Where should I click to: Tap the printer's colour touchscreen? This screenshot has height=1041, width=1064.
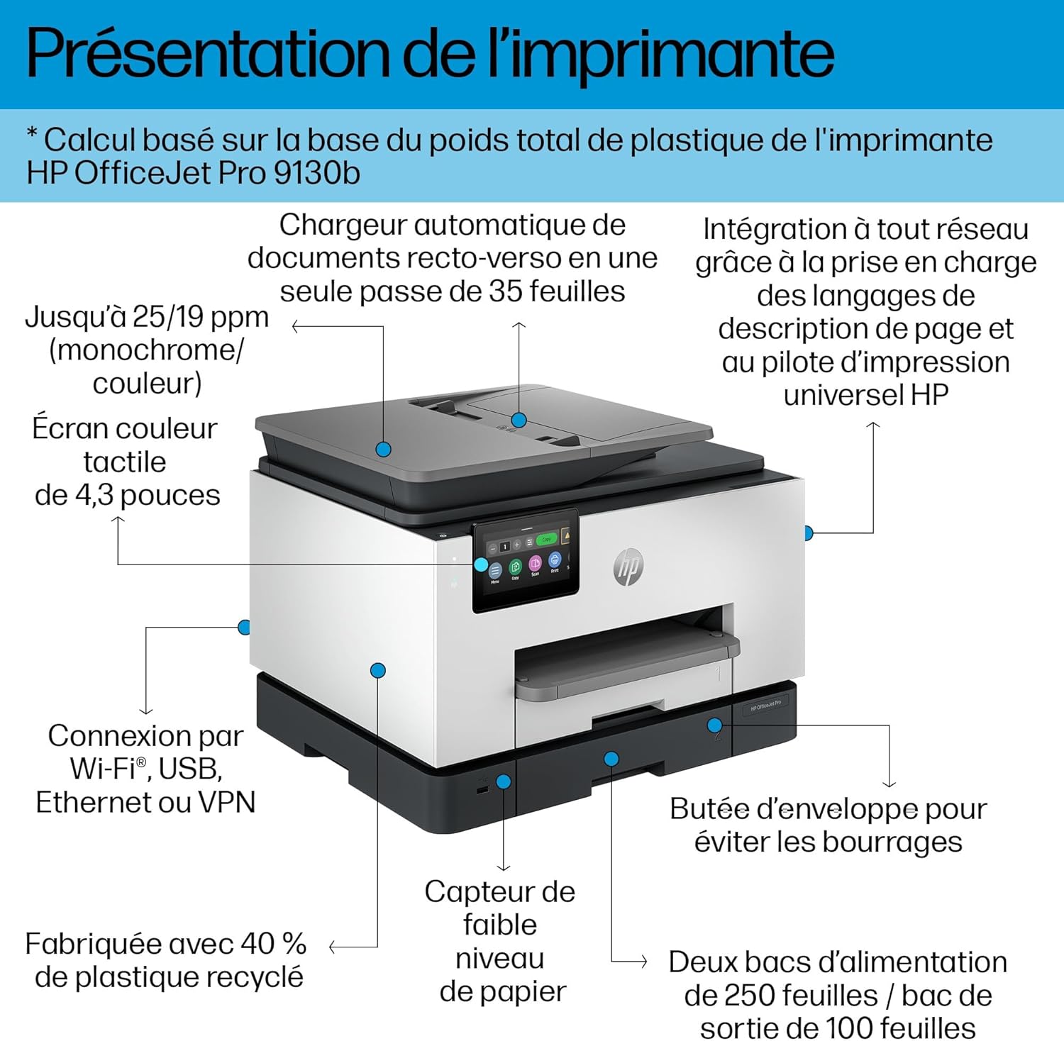(526, 560)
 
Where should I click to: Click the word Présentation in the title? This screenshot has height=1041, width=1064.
(209, 54)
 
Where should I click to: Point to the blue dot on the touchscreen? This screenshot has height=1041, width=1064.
(481, 564)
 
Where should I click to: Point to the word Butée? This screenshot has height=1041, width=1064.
(710, 809)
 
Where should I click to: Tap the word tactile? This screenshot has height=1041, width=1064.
(125, 462)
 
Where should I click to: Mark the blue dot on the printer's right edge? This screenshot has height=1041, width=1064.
(808, 533)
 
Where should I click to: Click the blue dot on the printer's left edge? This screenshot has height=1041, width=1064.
(244, 627)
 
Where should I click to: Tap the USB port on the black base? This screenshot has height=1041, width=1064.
(482, 789)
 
